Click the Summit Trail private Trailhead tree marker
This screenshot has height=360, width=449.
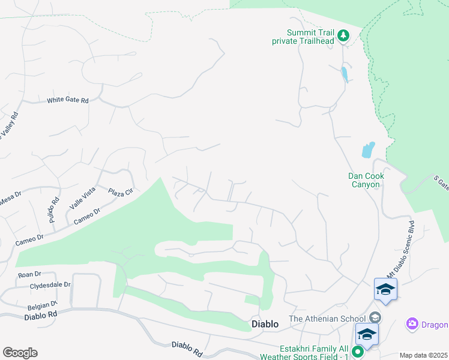pyautogui.click(x=343, y=36)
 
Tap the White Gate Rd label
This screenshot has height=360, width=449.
pyautogui.click(x=68, y=101)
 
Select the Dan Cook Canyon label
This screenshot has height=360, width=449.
pyautogui.click(x=366, y=180)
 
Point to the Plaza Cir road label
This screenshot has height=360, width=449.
pyautogui.click(x=120, y=193)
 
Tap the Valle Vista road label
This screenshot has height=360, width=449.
pyautogui.click(x=82, y=197)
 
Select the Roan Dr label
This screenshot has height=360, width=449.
pyautogui.click(x=29, y=275)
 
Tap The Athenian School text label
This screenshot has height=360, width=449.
pyautogui.click(x=327, y=319)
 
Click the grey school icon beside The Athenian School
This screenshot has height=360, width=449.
pyautogui.click(x=375, y=317)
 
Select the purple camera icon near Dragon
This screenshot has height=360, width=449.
pyautogui.click(x=412, y=324)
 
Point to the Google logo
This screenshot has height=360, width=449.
pyautogui.click(x=20, y=353)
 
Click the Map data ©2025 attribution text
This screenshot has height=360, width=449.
pyautogui.click(x=423, y=355)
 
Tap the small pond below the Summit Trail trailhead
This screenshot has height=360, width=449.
pyautogui.click(x=343, y=74)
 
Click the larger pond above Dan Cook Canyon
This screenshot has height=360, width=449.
pyautogui.click(x=368, y=149)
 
